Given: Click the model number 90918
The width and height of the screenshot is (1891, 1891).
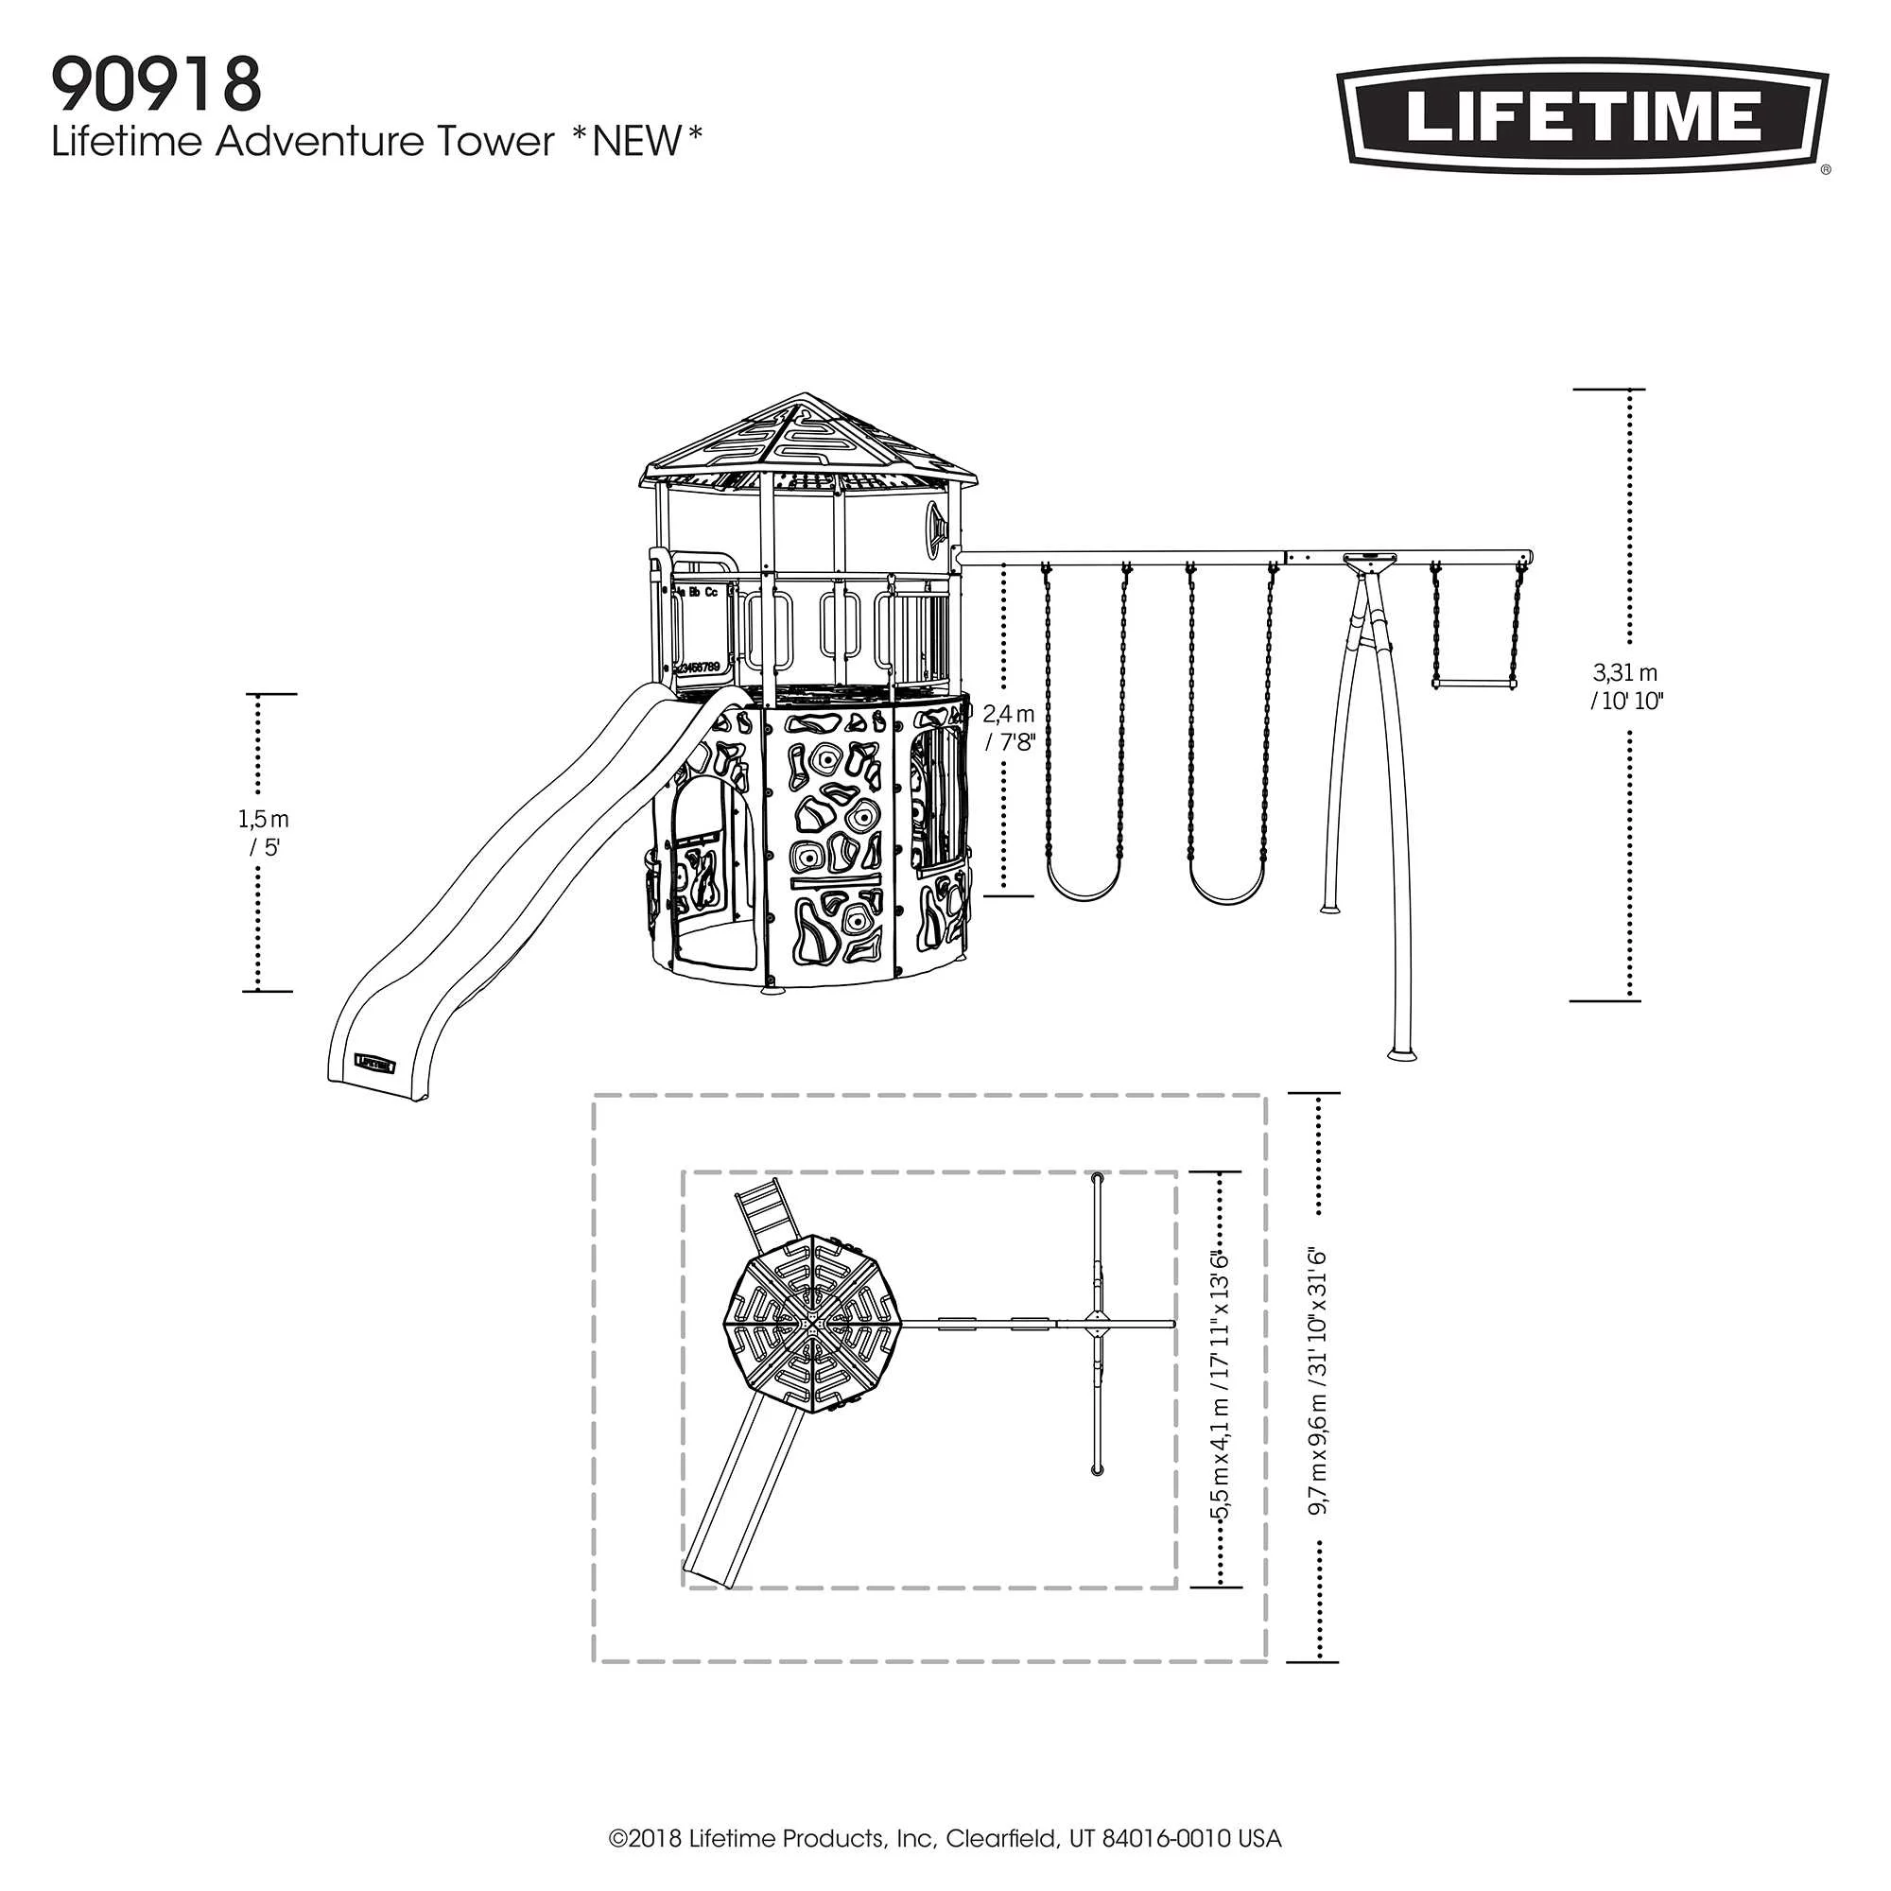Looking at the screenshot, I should pos(157,86).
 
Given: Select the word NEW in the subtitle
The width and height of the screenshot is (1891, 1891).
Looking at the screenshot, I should pos(636,142).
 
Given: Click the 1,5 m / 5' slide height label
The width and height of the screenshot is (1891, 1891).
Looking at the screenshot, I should pos(265,832).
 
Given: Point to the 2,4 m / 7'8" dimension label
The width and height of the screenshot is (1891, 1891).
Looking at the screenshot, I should pos(1009,727).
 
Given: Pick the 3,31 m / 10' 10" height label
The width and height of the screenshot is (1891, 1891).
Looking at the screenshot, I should pos(1625,686).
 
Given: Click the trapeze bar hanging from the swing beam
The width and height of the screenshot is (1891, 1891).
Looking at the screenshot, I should pos(1475,685).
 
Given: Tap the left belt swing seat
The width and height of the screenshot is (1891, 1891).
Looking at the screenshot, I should pos(1083,886).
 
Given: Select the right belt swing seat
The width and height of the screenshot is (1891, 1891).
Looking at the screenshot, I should pos(1226,889).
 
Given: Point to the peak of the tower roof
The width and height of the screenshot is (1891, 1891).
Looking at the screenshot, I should pos(806,397).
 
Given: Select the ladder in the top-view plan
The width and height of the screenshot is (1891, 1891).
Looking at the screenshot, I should pos(762,1215).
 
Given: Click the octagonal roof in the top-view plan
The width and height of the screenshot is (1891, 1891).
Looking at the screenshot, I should pos(811,1324).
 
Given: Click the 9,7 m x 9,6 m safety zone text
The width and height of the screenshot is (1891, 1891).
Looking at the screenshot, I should pos(1318,1382).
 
